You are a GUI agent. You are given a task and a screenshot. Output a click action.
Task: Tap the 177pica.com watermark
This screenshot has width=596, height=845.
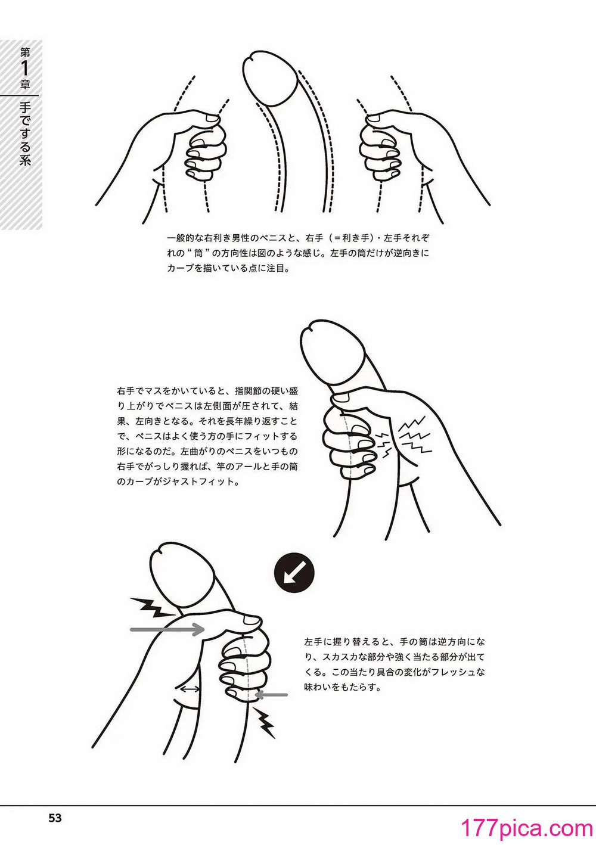tap(527, 828)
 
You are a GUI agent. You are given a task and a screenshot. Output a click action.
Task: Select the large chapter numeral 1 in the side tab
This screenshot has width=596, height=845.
tap(25, 69)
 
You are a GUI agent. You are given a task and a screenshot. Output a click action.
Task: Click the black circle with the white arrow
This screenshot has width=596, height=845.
tap(294, 573)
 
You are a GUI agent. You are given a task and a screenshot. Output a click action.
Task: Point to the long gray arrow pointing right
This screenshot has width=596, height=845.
tap(167, 629)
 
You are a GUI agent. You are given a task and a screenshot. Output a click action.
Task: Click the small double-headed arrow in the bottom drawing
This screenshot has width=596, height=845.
tap(191, 689)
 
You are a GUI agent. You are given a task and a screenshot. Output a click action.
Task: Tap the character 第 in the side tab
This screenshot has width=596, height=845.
tap(25, 52)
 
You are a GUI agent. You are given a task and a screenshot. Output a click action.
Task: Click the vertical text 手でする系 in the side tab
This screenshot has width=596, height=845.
tap(25, 134)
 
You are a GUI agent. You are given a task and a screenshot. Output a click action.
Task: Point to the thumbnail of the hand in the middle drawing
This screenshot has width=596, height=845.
tap(342, 397)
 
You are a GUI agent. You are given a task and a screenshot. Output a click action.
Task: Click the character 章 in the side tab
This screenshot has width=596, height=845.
tap(25, 85)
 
